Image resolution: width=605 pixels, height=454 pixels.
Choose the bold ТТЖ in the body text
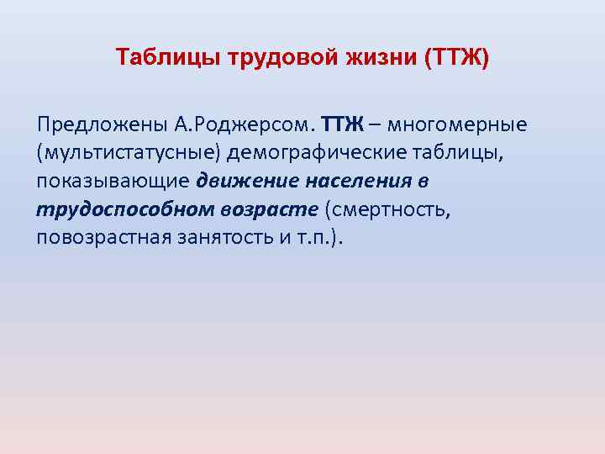[342, 126]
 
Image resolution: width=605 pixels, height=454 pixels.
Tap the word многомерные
[457, 126]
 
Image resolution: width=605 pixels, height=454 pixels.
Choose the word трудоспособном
[116, 209]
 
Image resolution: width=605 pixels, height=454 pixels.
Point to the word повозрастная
[104, 237]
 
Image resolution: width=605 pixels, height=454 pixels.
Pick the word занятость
[229, 237]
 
